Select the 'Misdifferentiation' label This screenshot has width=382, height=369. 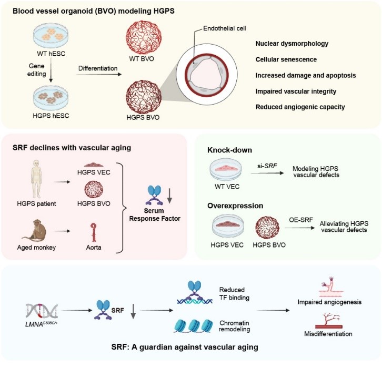[x=331, y=334]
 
